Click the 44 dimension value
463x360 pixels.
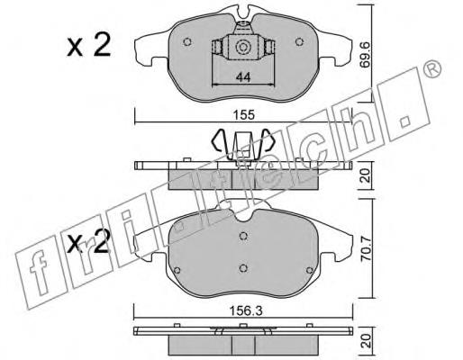point(243,77)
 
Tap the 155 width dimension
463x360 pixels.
point(244,114)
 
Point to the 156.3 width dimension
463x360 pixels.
point(246,311)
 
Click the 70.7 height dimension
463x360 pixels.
point(366,249)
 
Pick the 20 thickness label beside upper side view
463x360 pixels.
point(365,175)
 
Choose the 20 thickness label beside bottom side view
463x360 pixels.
point(365,341)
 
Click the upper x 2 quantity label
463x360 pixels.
point(89,46)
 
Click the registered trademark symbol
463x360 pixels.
point(432,69)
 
